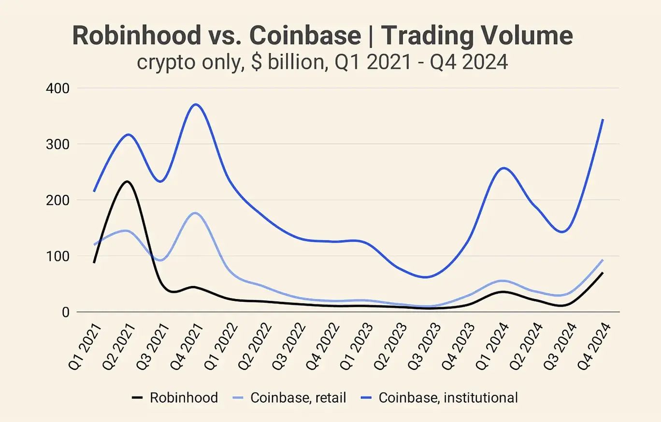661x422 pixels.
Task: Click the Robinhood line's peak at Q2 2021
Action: [x=127, y=182]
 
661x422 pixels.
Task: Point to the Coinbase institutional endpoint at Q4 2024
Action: [x=603, y=119]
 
